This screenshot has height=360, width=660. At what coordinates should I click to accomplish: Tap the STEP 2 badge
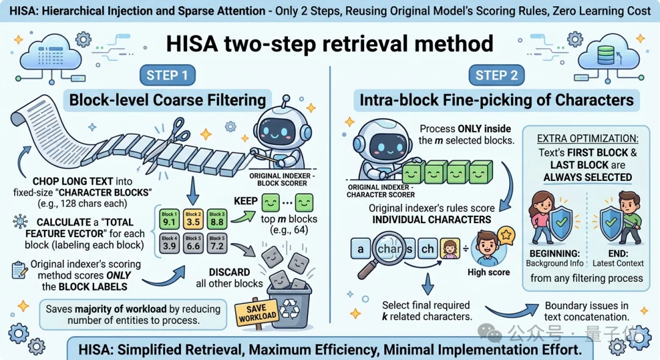coord(496,75)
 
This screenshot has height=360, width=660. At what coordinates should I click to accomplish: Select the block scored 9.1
coord(168,219)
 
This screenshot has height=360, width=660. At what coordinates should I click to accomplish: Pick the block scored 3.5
coord(193,219)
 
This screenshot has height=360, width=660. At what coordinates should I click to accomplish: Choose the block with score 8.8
coord(216,219)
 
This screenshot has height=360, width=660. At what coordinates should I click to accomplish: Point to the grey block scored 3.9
coord(168,243)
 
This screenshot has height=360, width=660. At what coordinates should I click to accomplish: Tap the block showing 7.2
coord(216,243)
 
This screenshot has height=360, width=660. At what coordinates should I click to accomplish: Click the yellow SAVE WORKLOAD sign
coord(255,312)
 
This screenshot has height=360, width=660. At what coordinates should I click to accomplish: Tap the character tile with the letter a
coord(361,249)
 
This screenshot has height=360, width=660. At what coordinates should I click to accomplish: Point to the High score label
coord(489,272)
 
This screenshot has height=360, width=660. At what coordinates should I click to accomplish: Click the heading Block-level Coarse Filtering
coord(167,100)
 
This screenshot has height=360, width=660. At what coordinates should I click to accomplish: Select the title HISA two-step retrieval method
coord(330,43)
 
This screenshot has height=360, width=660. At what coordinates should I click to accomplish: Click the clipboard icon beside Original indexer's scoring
coord(18,270)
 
